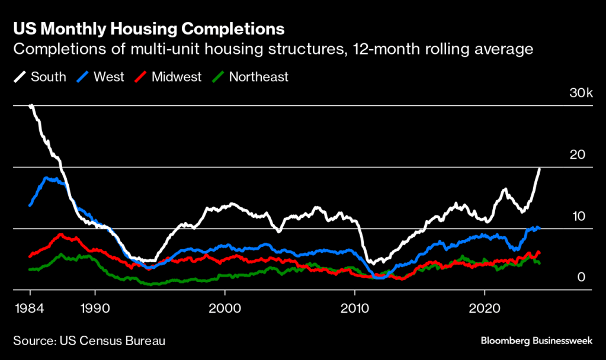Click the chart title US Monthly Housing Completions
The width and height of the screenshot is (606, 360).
(149, 29)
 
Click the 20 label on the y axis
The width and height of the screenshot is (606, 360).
(578, 155)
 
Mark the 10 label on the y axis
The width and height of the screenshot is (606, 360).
(578, 216)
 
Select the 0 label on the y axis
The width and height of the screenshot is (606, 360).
(582, 277)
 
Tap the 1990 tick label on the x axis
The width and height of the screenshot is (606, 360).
(94, 309)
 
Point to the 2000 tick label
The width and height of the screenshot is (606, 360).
(225, 309)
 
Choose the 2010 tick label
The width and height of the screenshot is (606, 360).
(354, 309)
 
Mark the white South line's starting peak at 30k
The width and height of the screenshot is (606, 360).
(30, 106)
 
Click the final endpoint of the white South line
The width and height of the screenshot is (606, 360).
(540, 169)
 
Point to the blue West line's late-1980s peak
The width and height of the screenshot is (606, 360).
(46, 178)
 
